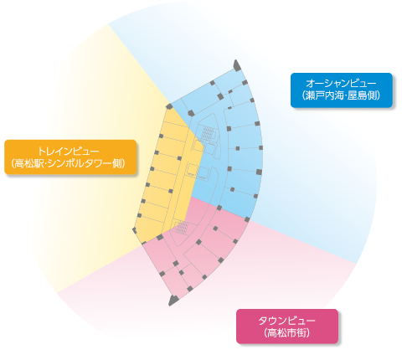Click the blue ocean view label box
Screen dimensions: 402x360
(x=341, y=90)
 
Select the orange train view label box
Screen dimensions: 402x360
(x=70, y=157)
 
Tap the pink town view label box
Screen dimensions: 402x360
(x=287, y=327)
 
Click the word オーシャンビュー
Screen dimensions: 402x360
(x=341, y=84)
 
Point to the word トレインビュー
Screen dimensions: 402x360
(x=69, y=151)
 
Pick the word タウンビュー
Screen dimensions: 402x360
(x=287, y=320)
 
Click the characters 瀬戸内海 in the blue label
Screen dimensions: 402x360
(x=323, y=95)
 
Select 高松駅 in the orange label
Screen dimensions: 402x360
(x=29, y=163)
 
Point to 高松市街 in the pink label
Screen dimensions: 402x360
(x=287, y=332)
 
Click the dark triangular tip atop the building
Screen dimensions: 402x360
(x=237, y=65)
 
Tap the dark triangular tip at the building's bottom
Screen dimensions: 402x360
(x=173, y=301)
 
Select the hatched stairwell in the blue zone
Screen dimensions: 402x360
(x=207, y=132)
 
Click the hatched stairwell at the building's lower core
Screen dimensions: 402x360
(x=182, y=228)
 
